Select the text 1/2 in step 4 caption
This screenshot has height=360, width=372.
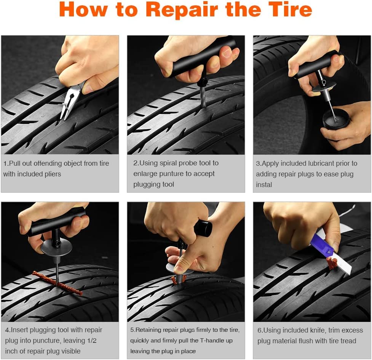click(x=90, y=341)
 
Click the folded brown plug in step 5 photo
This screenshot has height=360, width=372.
click(x=178, y=279)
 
